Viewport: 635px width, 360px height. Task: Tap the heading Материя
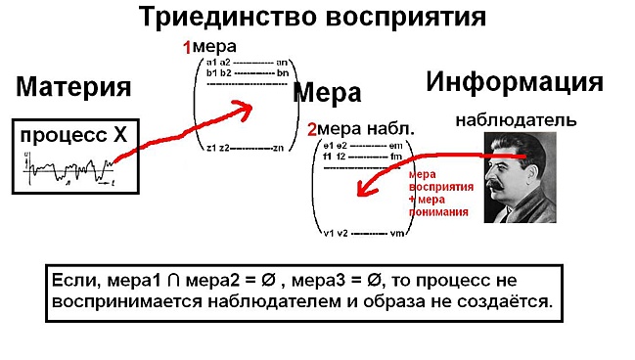tap(73, 87)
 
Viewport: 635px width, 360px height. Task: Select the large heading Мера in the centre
tap(328, 93)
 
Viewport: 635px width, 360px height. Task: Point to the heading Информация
tap(515, 82)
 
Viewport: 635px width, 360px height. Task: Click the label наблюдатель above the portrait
tap(516, 120)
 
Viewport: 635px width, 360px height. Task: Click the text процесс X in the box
tap(74, 138)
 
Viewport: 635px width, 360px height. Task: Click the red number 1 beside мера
tap(188, 47)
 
